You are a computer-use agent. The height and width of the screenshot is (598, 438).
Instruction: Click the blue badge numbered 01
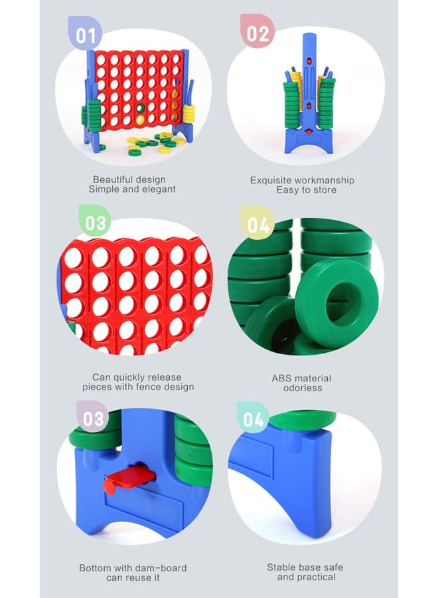(x=85, y=34)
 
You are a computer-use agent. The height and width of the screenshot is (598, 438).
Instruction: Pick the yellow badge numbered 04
(x=257, y=223)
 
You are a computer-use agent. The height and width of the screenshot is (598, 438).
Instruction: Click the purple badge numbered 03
(x=92, y=418)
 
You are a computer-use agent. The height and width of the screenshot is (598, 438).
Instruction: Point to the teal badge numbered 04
(x=253, y=419)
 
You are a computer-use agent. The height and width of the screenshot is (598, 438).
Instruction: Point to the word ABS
(x=280, y=378)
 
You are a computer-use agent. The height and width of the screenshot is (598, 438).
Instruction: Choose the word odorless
(x=303, y=388)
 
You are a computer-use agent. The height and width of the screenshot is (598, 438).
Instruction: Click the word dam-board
(x=164, y=568)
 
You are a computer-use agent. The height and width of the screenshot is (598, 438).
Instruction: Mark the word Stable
(x=279, y=567)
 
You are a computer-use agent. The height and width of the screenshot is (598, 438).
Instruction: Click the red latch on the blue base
(x=129, y=480)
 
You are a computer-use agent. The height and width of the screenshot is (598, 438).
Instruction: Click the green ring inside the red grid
(x=141, y=108)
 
